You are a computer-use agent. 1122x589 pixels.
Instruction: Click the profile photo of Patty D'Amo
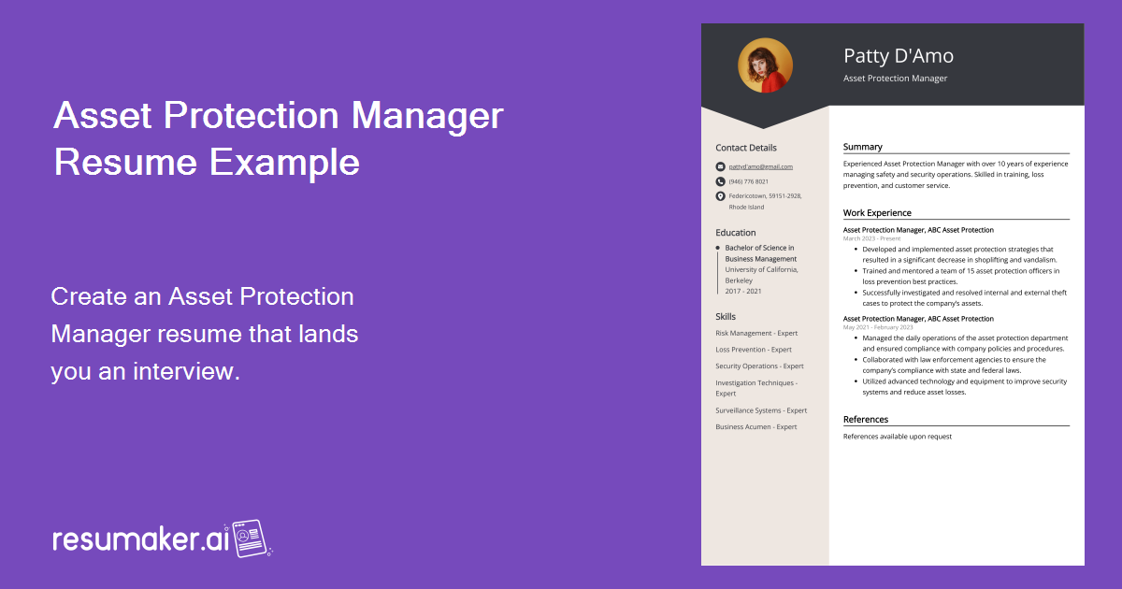pos(765,65)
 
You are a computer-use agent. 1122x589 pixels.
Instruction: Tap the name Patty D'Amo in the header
pos(898,56)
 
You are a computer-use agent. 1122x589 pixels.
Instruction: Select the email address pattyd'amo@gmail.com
pos(760,166)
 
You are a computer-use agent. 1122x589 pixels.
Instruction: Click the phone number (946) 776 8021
pos(748,181)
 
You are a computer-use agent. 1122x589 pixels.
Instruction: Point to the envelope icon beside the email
pos(720,166)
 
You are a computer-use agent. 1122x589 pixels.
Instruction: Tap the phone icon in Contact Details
pos(720,181)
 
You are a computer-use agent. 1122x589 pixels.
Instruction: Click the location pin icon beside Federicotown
pos(720,196)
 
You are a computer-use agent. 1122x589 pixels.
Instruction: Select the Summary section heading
pos(862,147)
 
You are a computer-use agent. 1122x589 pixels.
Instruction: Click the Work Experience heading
pos(877,213)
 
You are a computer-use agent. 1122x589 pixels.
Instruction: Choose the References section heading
pos(866,420)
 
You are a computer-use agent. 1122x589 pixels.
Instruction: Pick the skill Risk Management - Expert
pos(756,333)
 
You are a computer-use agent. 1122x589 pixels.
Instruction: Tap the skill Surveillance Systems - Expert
pos(761,410)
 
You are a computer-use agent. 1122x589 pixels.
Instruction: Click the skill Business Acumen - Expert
pos(756,426)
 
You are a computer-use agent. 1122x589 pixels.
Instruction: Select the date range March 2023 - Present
pos(871,238)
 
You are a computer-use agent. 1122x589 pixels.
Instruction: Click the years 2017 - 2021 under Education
pos(743,291)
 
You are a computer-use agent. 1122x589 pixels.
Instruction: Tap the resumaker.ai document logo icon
pos(250,539)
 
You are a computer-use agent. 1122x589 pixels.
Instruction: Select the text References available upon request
pos(897,437)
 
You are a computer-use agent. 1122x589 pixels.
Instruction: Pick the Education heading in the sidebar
pos(736,233)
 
